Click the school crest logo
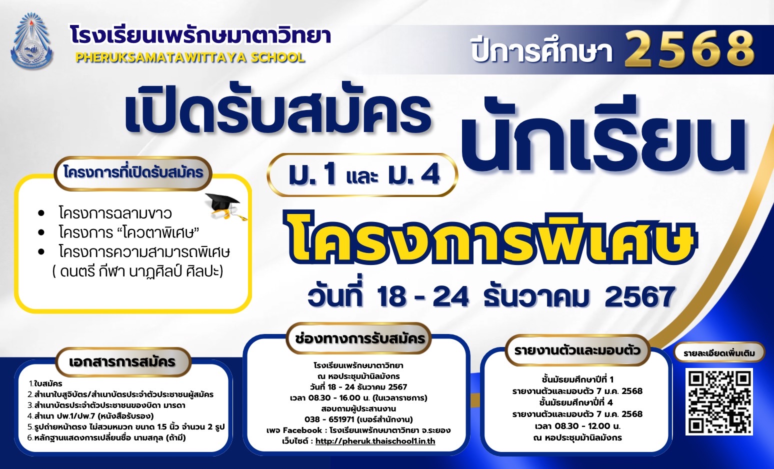pos(32,41)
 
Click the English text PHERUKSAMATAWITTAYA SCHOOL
pos(190,57)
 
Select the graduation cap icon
pos(225,206)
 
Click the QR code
pos(719,401)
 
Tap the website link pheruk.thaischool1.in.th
pos(375,441)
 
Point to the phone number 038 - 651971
pos(329,419)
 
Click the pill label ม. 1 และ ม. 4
pos(362,175)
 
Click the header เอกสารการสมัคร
pos(122,362)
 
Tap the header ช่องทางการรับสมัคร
pos(359,338)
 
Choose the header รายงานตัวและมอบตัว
pos(577,350)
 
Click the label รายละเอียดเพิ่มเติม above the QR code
pos(719,353)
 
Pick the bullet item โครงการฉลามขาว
pos(115,213)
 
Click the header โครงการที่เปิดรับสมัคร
pos(133,172)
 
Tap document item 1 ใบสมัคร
pos(45,383)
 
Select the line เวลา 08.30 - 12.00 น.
pos(577,426)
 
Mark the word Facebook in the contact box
pos(302,430)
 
